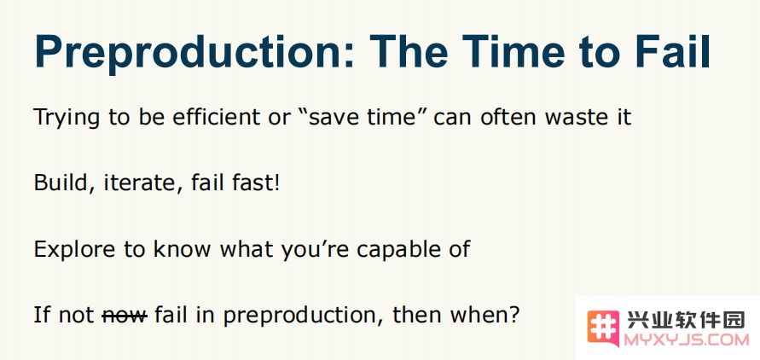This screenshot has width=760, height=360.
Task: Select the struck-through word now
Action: point(125,316)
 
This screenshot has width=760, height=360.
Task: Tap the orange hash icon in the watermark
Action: point(603,329)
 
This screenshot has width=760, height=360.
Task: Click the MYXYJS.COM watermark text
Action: point(687,340)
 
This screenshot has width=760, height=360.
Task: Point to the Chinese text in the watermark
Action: point(685,320)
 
